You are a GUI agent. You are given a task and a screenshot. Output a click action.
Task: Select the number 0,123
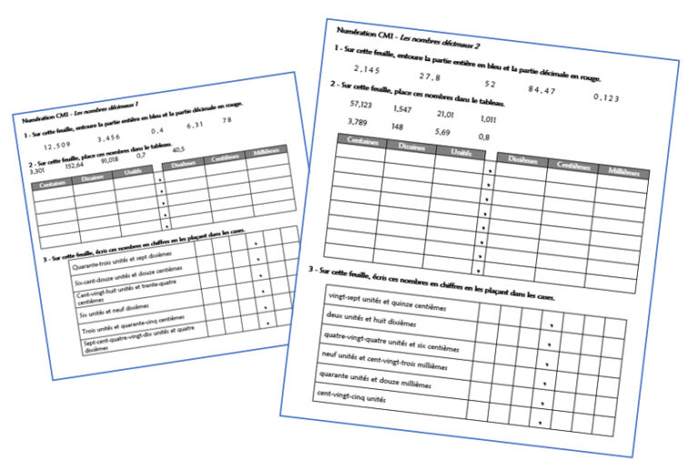click(x=606, y=97)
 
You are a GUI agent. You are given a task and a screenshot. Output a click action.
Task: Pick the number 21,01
click(x=445, y=115)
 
